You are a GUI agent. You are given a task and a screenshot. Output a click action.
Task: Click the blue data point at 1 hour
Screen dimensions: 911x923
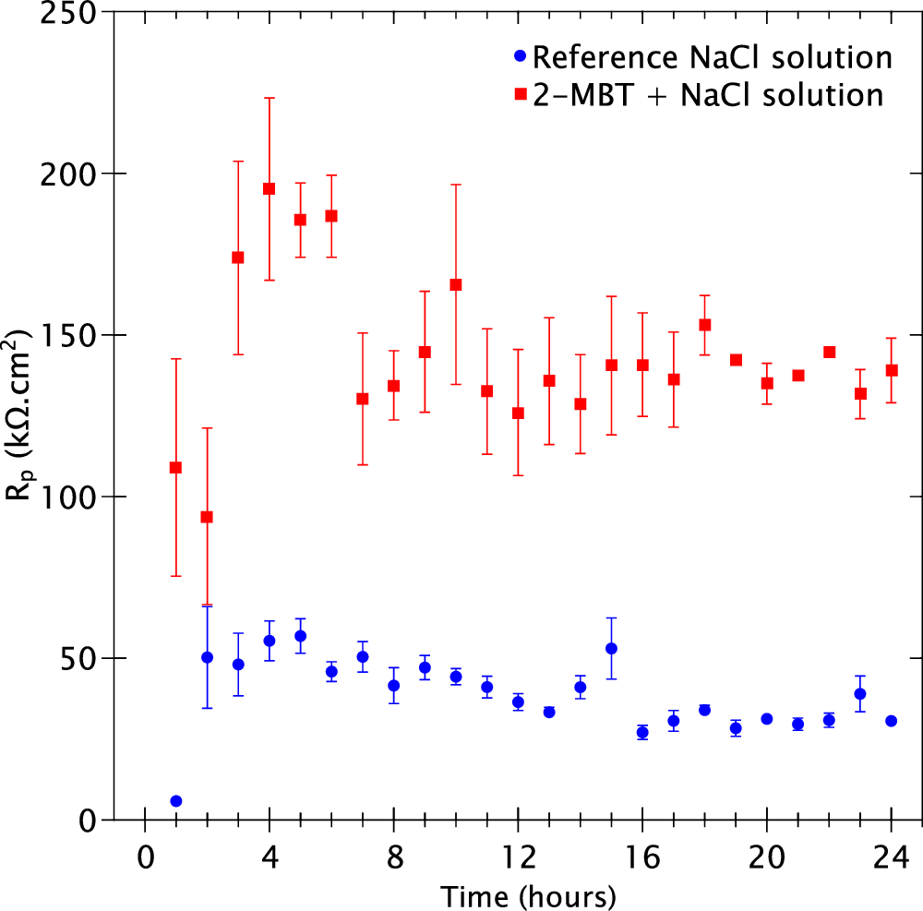point(175,800)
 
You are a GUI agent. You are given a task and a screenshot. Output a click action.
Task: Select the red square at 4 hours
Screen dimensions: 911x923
point(269,188)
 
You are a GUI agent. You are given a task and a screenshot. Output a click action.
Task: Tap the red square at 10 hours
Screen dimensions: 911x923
point(455,284)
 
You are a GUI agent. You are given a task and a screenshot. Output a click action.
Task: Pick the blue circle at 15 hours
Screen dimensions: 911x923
point(611,648)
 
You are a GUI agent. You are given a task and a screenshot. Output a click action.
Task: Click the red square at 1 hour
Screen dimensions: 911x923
point(175,467)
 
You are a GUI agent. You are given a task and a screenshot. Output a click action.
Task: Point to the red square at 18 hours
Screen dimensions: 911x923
point(704,324)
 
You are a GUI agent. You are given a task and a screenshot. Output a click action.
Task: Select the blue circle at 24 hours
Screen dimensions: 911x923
point(891,720)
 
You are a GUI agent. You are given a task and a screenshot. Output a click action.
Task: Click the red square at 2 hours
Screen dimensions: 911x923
point(207,517)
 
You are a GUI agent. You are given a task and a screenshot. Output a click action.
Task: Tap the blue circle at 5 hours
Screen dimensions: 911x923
point(300,636)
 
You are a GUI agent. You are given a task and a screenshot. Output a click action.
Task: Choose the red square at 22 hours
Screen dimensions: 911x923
point(829,352)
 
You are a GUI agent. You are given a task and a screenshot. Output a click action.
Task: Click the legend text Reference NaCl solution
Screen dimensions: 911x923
point(713,57)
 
